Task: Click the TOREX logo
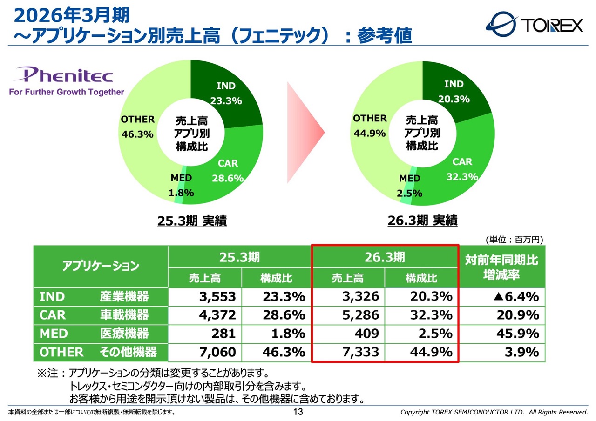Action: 534,25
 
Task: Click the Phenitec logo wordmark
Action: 63,74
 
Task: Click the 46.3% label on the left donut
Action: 137,134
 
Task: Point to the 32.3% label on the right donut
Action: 462,177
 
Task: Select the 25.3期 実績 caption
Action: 192,221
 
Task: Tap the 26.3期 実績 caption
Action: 422,221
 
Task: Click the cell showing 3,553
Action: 205,297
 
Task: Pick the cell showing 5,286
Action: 348,315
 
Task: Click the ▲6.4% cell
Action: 502,297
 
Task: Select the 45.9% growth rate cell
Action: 502,334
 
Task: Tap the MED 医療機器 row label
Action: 94,334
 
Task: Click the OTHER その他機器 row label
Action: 98,352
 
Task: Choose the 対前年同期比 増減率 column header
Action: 501,267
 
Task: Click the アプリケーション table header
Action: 101,266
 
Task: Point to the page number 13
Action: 298,412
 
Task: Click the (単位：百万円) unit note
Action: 515,240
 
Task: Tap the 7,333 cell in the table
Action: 348,352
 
